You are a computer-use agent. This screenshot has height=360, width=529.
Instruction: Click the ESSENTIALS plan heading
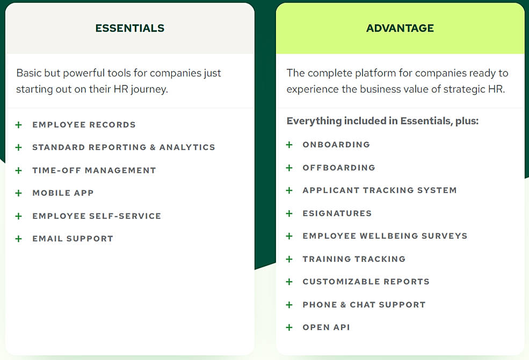click(x=130, y=28)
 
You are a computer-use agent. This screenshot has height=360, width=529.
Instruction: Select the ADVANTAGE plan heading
click(x=400, y=28)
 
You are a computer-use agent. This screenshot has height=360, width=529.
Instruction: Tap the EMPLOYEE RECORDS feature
click(x=84, y=125)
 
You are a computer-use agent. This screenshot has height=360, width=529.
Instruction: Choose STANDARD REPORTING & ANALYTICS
click(x=124, y=147)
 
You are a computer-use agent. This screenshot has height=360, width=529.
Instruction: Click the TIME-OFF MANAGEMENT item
click(x=94, y=170)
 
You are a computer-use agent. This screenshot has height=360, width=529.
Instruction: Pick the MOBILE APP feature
click(x=63, y=193)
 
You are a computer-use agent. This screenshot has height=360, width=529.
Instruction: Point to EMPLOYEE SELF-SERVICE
click(x=97, y=216)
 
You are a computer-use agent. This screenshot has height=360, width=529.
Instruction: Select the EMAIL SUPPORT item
click(x=73, y=239)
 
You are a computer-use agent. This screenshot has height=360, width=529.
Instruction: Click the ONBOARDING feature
click(x=336, y=145)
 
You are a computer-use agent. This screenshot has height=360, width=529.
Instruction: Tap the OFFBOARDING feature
click(x=339, y=168)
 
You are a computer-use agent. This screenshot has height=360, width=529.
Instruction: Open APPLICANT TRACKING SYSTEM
click(x=380, y=190)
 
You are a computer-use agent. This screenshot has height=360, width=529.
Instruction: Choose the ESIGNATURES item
click(x=337, y=213)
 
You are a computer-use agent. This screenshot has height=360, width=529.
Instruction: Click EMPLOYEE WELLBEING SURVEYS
click(x=385, y=236)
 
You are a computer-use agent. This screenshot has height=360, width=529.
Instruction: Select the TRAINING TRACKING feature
click(x=354, y=259)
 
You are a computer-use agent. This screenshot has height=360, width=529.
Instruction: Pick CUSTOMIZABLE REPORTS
click(x=366, y=282)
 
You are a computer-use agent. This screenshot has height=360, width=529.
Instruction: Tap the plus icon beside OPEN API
click(x=289, y=327)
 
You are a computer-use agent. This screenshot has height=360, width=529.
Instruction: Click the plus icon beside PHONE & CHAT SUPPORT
click(x=289, y=305)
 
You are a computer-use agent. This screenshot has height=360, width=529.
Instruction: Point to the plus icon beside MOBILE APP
click(x=19, y=193)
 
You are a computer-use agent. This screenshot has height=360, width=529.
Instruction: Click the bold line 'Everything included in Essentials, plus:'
click(x=382, y=121)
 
